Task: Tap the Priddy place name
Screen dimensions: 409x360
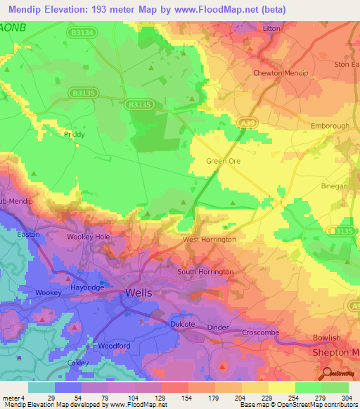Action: (x=74, y=134)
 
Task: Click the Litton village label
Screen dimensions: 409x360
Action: (x=271, y=29)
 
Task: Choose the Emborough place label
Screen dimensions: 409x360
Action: (x=330, y=126)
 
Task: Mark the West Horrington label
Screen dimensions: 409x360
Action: (x=209, y=240)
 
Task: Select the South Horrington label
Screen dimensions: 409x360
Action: (x=205, y=271)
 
